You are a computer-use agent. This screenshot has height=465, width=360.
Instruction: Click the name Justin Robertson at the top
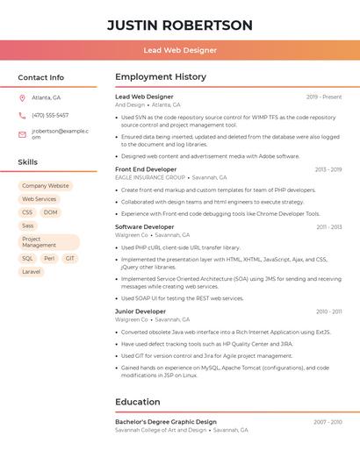[x=179, y=25]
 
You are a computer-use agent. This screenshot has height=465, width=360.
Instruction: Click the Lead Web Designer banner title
[x=179, y=51]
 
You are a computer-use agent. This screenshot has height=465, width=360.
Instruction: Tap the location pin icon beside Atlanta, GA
[x=22, y=97]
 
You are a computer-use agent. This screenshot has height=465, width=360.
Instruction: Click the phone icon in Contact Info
[x=22, y=115]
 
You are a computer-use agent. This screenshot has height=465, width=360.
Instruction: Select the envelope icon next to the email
[x=22, y=135]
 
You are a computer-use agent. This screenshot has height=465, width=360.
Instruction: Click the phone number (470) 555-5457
[x=50, y=115]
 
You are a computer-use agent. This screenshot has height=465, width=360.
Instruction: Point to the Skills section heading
[x=28, y=162]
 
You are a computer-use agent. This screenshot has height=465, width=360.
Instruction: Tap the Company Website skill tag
[x=45, y=186]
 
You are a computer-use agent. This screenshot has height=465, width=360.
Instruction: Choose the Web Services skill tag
[x=39, y=199]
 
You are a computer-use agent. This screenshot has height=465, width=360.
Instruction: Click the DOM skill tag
[x=50, y=212]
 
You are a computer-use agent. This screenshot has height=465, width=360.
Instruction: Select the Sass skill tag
[x=28, y=225]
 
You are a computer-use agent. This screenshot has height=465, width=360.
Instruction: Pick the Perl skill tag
[x=49, y=259]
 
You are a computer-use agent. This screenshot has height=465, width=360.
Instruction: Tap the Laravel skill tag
[x=31, y=272]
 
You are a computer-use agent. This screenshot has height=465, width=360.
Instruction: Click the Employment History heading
[x=161, y=77]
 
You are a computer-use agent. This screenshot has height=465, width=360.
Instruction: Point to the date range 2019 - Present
[x=324, y=97]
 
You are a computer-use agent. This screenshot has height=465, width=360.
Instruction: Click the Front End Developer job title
[x=146, y=169]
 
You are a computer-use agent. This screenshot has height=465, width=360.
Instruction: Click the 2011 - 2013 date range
[x=329, y=227]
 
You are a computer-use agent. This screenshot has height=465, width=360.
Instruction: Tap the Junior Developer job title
[x=140, y=311]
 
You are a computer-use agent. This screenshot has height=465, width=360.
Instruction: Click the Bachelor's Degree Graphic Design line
[x=166, y=422]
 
